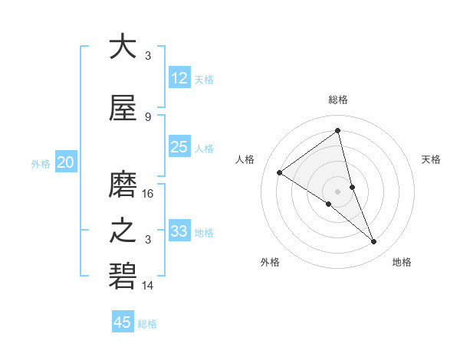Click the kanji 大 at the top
point(123,47)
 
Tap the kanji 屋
point(123,111)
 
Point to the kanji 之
point(123,231)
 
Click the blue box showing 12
point(179,79)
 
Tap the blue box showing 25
point(179,148)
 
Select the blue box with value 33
point(179,231)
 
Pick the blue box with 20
point(66,162)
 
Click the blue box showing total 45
point(123,322)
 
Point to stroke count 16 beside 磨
point(149,194)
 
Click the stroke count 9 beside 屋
point(148,117)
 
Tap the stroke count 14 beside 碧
point(149,286)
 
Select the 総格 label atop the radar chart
point(338,100)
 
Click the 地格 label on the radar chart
point(402,263)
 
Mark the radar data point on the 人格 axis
point(280,172)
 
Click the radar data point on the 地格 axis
point(374,242)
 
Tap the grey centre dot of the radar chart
point(338,191)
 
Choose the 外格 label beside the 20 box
point(41,163)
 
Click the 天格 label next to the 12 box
point(204,80)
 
